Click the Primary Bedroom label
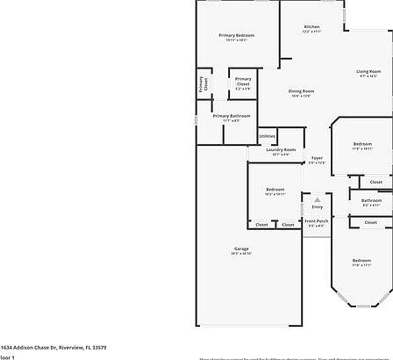coord(236,35)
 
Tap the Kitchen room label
coord(311,27)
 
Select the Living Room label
coord(368,71)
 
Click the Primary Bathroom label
coord(231,116)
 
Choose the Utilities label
coord(268,137)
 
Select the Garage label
coord(240,249)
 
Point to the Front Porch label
coord(317,221)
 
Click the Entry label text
coord(318,206)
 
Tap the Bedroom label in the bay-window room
coord(361,261)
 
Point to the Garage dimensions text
coord(240,255)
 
